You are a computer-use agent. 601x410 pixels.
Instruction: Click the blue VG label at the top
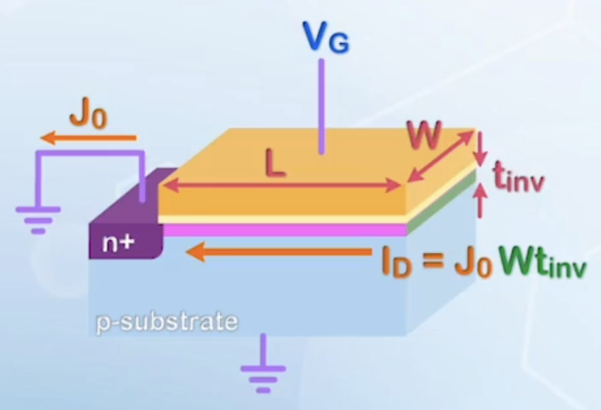(326, 37)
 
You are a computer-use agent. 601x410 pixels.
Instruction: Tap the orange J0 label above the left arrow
(88, 114)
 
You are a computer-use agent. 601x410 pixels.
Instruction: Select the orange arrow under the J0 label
(89, 137)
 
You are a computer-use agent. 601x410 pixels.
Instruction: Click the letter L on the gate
(276, 164)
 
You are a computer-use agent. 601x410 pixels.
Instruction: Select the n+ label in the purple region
(118, 243)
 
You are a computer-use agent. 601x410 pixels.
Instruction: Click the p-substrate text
(167, 322)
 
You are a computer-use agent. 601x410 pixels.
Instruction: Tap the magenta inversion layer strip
(283, 229)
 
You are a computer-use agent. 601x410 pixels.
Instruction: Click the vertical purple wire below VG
(321, 106)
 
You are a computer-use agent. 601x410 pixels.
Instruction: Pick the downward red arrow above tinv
(482, 147)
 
